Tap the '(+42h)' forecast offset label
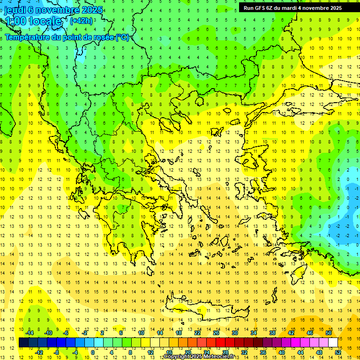click(81, 21)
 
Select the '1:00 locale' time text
click(33, 21)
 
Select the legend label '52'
click(338, 352)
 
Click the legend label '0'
click(93, 352)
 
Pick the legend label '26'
click(216, 333)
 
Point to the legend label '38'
click(272, 333)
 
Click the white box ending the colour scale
click(333, 343)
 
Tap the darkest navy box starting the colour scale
click(23, 343)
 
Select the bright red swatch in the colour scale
click(220, 343)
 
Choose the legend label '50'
click(329, 333)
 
